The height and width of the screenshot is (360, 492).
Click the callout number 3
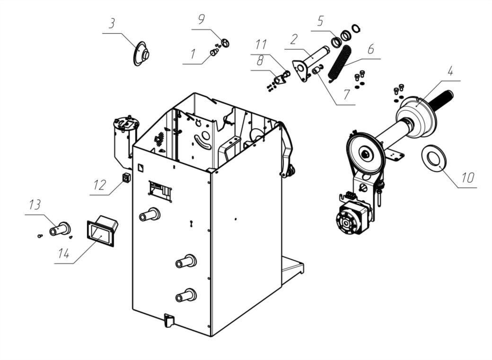click(112, 24)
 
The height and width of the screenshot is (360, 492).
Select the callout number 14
click(63, 253)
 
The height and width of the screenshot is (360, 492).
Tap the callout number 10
click(467, 178)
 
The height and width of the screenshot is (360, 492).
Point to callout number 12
click(100, 185)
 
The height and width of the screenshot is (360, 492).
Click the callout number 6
click(370, 49)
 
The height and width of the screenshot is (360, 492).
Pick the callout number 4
click(450, 71)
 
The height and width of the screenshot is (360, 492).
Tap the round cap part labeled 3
click(141, 53)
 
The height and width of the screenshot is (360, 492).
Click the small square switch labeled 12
click(126, 178)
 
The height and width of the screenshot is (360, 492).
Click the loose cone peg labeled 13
click(60, 229)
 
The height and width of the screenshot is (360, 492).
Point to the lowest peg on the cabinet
click(186, 295)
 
